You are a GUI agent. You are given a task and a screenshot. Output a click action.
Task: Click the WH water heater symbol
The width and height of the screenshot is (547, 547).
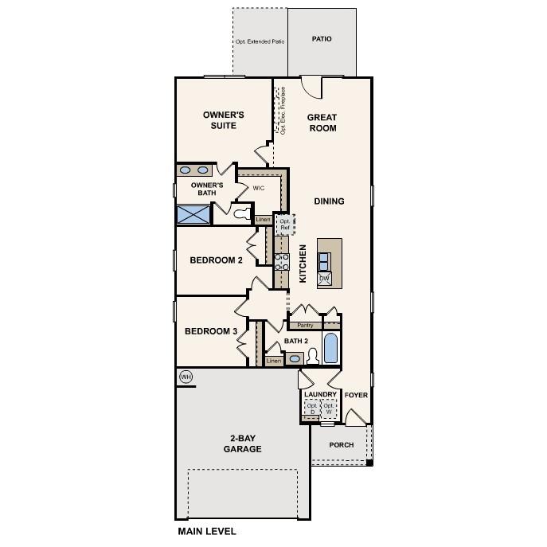[186, 377]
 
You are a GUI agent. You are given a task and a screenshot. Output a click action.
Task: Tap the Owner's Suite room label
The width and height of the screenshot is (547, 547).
[223, 120]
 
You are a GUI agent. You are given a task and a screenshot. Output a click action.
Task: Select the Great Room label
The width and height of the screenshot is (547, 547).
[322, 123]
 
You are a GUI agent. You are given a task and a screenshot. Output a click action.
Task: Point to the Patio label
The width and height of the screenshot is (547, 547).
[322, 39]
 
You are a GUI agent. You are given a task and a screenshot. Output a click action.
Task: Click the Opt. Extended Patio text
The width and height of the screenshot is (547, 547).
[260, 41]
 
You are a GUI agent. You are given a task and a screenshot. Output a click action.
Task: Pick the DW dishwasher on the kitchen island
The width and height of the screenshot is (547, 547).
[324, 278]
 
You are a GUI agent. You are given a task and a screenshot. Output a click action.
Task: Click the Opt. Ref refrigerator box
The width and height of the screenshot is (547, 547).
[285, 224]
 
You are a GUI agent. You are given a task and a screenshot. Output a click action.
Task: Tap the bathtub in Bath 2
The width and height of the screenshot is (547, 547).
[331, 348]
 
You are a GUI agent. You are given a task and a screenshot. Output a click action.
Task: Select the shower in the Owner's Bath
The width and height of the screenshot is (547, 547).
[193, 214]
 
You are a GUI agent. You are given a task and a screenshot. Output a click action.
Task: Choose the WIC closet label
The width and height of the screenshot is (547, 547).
[259, 189]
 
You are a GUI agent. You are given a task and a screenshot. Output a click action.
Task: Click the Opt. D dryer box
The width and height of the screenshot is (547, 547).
[312, 408]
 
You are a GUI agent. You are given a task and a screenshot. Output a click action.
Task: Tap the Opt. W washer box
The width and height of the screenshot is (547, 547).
[329, 408]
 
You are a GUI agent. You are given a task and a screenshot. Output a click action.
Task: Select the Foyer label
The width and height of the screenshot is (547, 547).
[356, 394]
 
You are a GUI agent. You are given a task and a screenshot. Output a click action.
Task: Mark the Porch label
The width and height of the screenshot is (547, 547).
[342, 445]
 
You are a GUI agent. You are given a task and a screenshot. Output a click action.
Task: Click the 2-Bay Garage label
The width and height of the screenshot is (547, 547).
[242, 443]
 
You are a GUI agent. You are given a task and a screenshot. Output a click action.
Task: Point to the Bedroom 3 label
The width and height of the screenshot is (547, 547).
[210, 331]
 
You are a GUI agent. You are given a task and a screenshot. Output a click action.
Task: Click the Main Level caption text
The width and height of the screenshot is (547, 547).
[206, 530]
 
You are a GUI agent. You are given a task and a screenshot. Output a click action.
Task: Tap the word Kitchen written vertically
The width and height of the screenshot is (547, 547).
[303, 264]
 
